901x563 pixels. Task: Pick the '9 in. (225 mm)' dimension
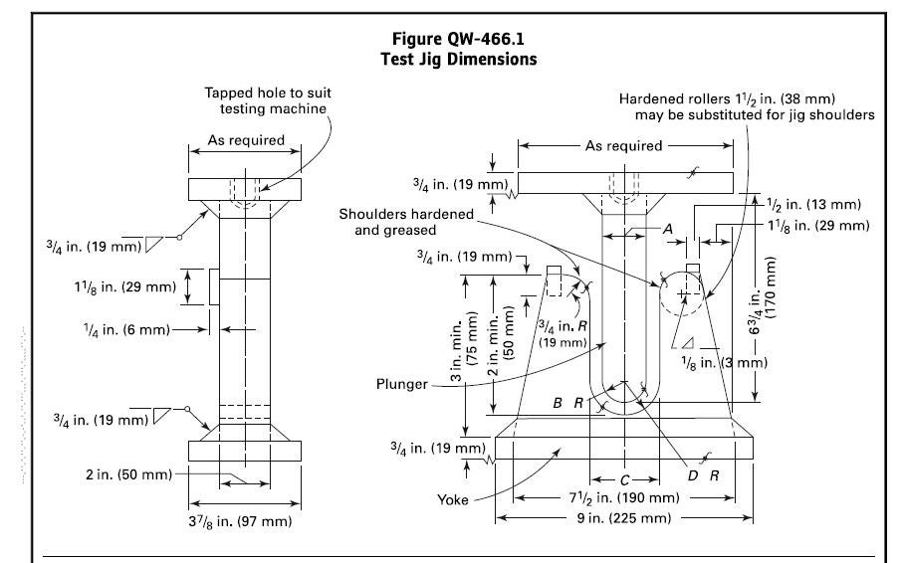[x=623, y=518]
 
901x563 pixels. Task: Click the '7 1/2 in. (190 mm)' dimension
[x=623, y=496]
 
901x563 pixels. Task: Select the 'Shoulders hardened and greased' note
[x=403, y=222]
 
